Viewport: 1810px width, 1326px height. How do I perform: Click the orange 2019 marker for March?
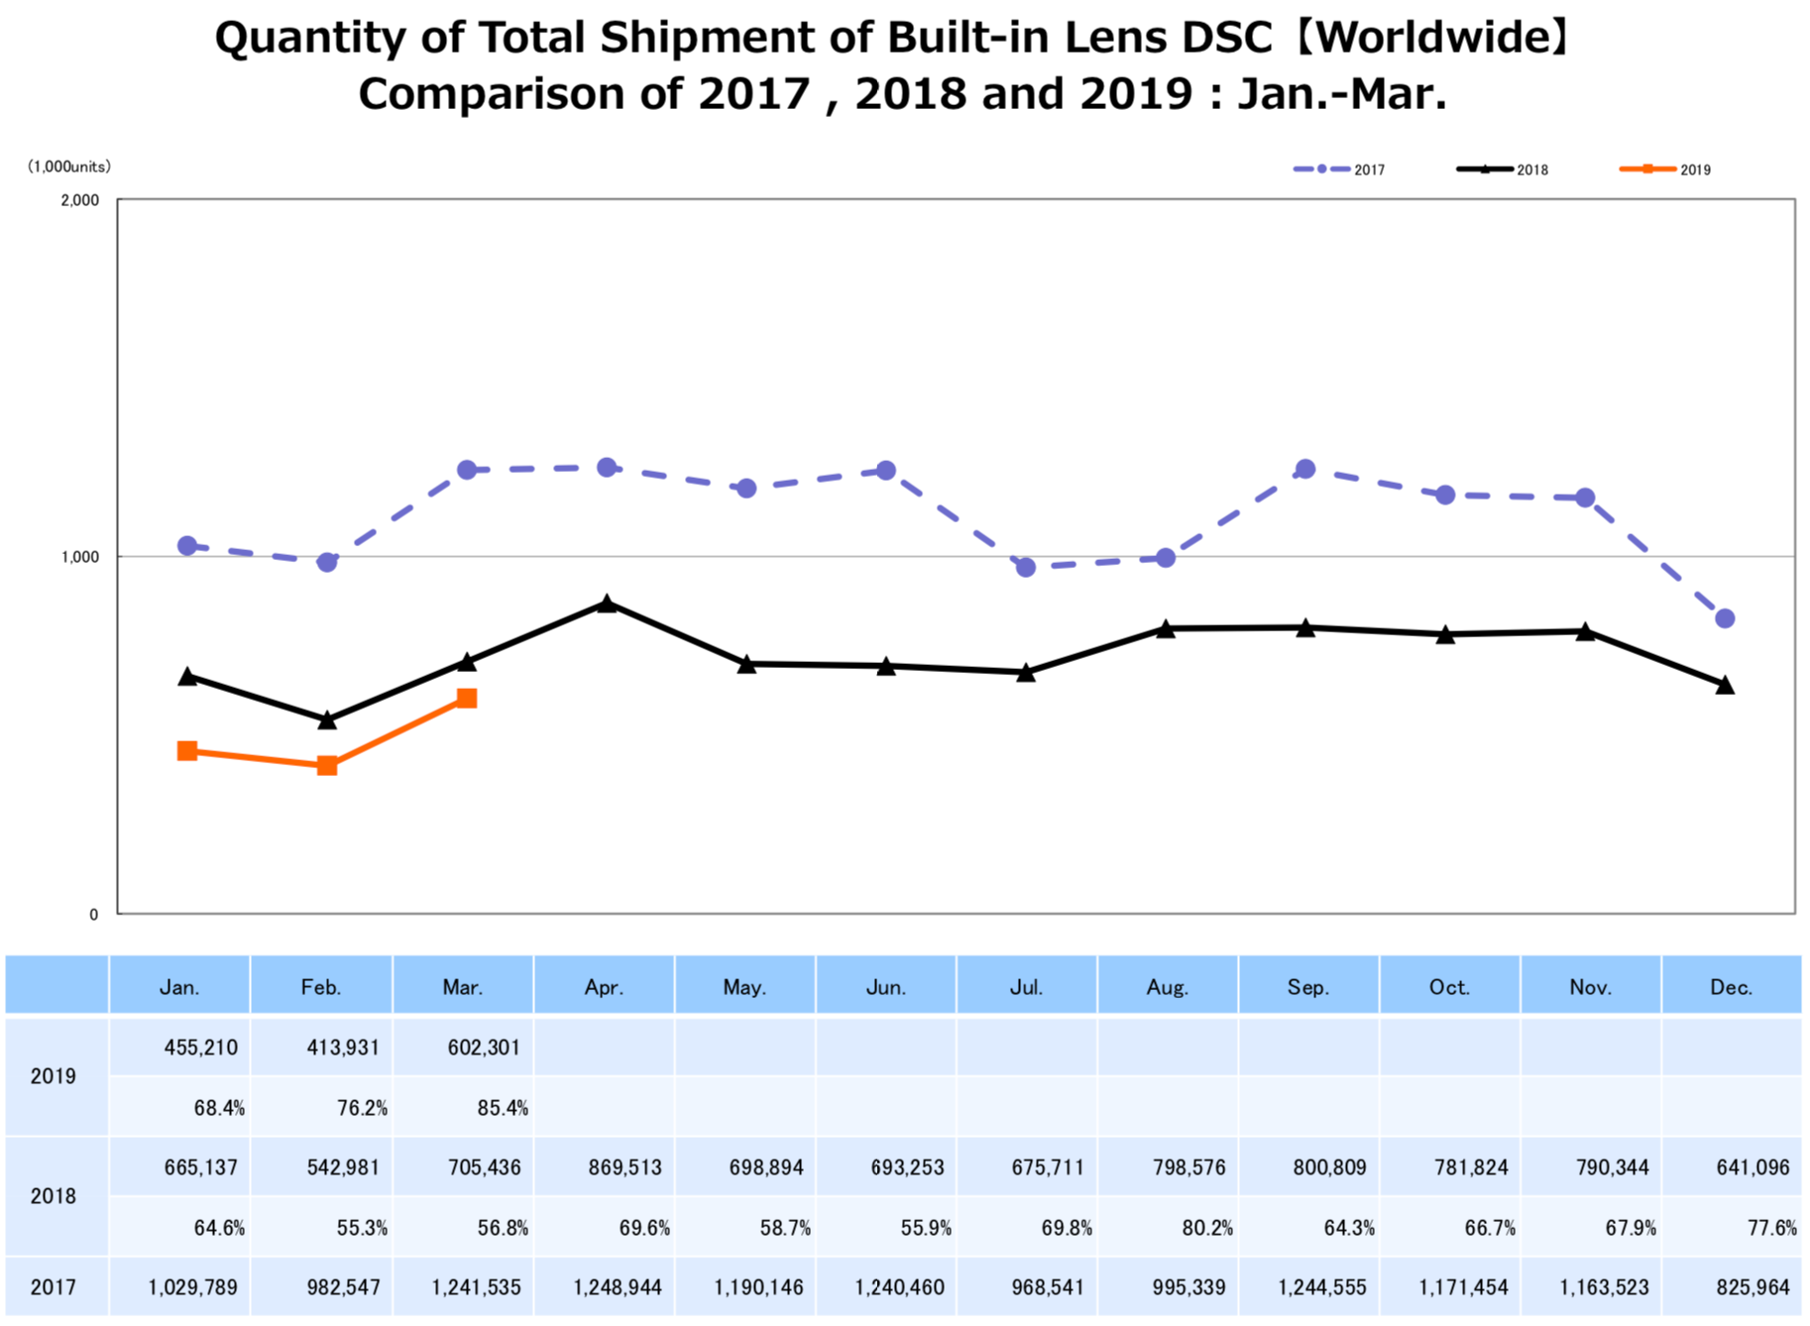[467, 699]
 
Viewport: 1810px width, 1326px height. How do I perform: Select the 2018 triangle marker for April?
[608, 604]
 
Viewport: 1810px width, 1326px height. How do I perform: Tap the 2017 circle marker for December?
[1725, 618]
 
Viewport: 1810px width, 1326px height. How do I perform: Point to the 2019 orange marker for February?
[327, 765]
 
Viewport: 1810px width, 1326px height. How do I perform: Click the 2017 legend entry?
[1339, 169]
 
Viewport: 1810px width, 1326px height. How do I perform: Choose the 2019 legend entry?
[1665, 169]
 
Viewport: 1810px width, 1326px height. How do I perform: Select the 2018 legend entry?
[1503, 169]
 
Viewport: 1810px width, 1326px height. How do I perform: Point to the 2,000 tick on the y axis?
[80, 200]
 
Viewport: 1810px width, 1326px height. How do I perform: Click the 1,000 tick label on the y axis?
[80, 557]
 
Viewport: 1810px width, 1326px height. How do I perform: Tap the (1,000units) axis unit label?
[69, 166]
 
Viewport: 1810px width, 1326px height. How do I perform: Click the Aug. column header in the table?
[1168, 987]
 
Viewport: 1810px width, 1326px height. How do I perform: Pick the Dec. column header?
[1732, 987]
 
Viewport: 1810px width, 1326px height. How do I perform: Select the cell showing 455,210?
[201, 1048]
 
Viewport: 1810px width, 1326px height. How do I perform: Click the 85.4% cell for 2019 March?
[503, 1108]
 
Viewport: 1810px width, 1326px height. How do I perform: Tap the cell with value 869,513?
[624, 1167]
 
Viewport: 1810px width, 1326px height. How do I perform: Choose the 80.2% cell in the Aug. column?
[1207, 1228]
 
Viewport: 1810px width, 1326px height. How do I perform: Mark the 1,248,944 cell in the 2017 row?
[618, 1287]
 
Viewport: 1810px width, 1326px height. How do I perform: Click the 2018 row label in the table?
[54, 1196]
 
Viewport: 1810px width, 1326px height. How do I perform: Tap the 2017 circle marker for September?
[1305, 469]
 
